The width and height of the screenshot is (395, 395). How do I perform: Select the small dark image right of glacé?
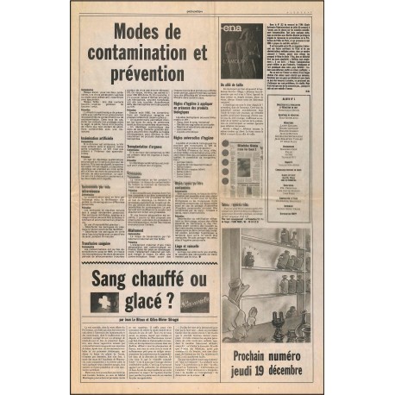[195, 301]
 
